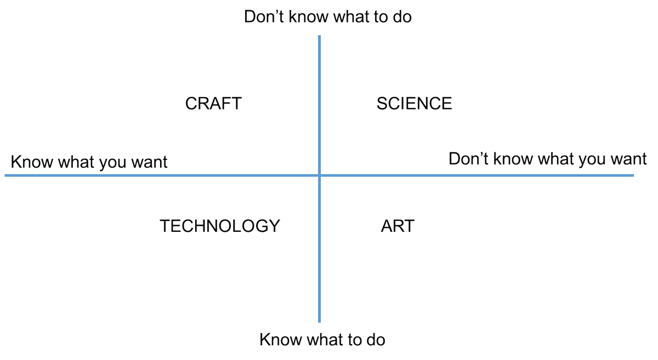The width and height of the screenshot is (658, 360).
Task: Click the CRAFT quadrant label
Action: [x=213, y=104]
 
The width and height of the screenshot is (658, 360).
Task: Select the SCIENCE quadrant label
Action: [x=414, y=104]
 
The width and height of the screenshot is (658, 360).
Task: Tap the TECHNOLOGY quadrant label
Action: [x=220, y=226]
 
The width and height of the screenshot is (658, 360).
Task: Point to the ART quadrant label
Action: [x=398, y=226]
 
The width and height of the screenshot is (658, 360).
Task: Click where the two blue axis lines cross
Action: [x=319, y=175]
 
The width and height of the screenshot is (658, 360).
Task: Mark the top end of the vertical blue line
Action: [x=319, y=37]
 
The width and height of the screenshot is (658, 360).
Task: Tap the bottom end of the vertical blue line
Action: [x=319, y=322]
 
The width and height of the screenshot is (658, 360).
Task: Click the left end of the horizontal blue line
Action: [x=6, y=175]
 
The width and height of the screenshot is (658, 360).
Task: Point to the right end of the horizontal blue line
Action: [x=633, y=175]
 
